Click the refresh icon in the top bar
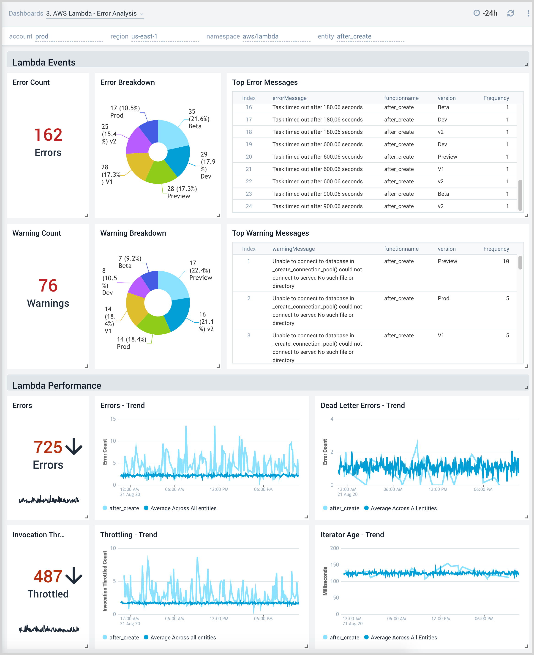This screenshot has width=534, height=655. point(510,13)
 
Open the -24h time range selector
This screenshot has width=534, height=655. point(486,13)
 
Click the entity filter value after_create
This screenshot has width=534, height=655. point(354,36)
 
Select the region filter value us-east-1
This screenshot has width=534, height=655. point(144,36)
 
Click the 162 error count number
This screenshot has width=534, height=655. point(48,135)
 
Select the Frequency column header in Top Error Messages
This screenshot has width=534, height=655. point(496,98)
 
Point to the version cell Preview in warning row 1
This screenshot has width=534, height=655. point(447,261)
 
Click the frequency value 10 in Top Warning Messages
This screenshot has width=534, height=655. point(505,261)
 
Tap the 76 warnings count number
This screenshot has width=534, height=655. point(48,285)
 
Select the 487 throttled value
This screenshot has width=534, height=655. point(48,576)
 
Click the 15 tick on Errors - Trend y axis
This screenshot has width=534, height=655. point(113,419)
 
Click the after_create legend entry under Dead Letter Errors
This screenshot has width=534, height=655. point(344,508)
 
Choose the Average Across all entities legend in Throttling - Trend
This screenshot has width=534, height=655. point(183,637)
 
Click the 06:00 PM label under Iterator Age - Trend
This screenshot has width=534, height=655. point(484,618)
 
